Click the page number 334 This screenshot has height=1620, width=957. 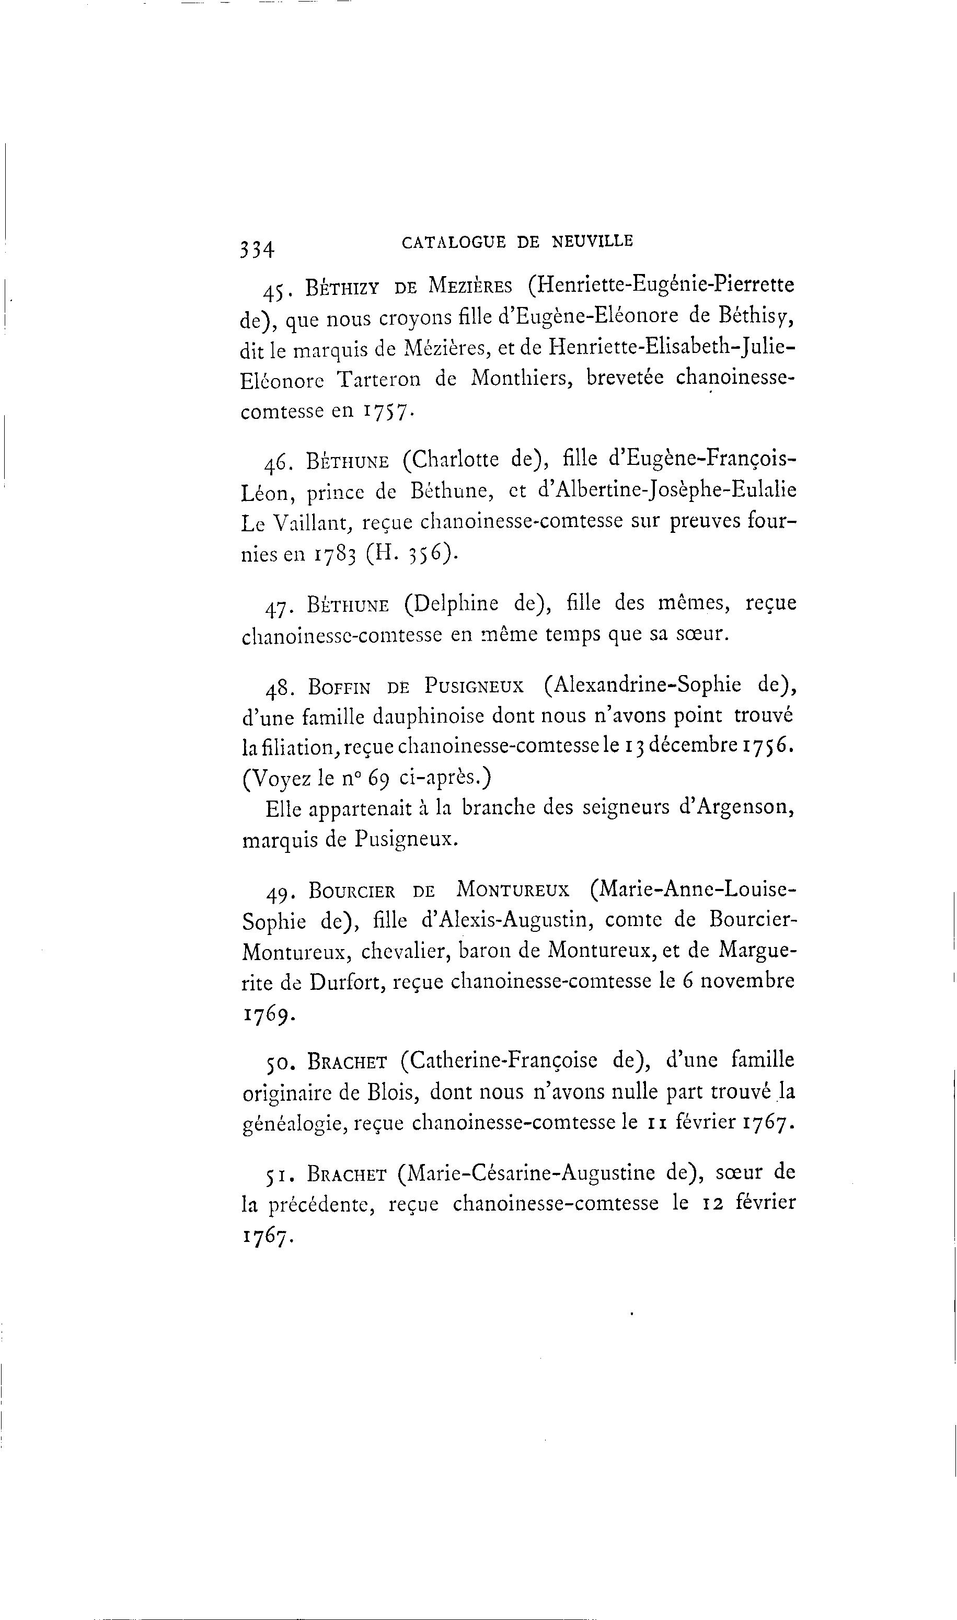257,248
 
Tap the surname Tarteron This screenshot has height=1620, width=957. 378,379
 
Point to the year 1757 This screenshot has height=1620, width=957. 386,411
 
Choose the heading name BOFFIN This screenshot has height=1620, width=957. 339,687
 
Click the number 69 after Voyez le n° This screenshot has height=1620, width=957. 378,779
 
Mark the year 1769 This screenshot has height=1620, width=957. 269,1013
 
